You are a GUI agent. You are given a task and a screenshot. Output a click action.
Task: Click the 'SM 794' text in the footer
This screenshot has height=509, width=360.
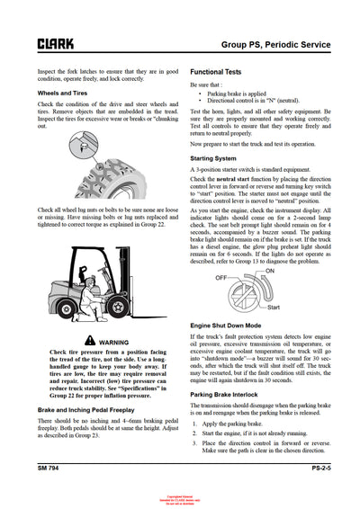coord(51,469)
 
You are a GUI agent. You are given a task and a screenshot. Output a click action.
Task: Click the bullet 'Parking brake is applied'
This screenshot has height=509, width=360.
coord(241,94)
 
